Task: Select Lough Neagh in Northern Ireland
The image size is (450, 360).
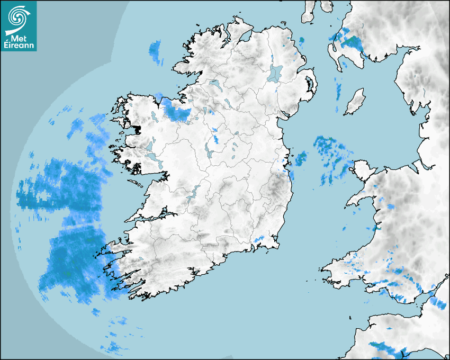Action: pyautogui.click(x=275, y=73)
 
